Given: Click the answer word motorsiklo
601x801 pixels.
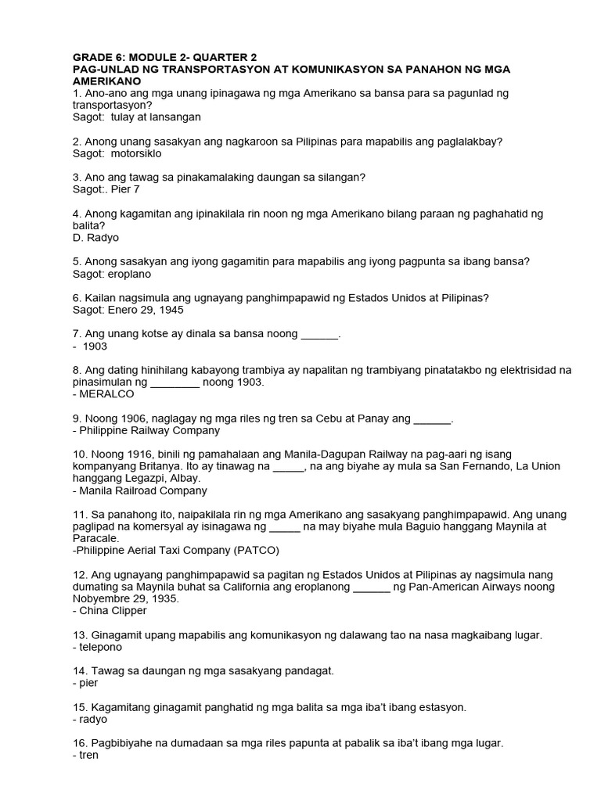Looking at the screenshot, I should [131, 153].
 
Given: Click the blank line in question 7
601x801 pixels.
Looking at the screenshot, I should [319, 334].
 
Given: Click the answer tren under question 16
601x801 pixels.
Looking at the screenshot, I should [88, 756].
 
